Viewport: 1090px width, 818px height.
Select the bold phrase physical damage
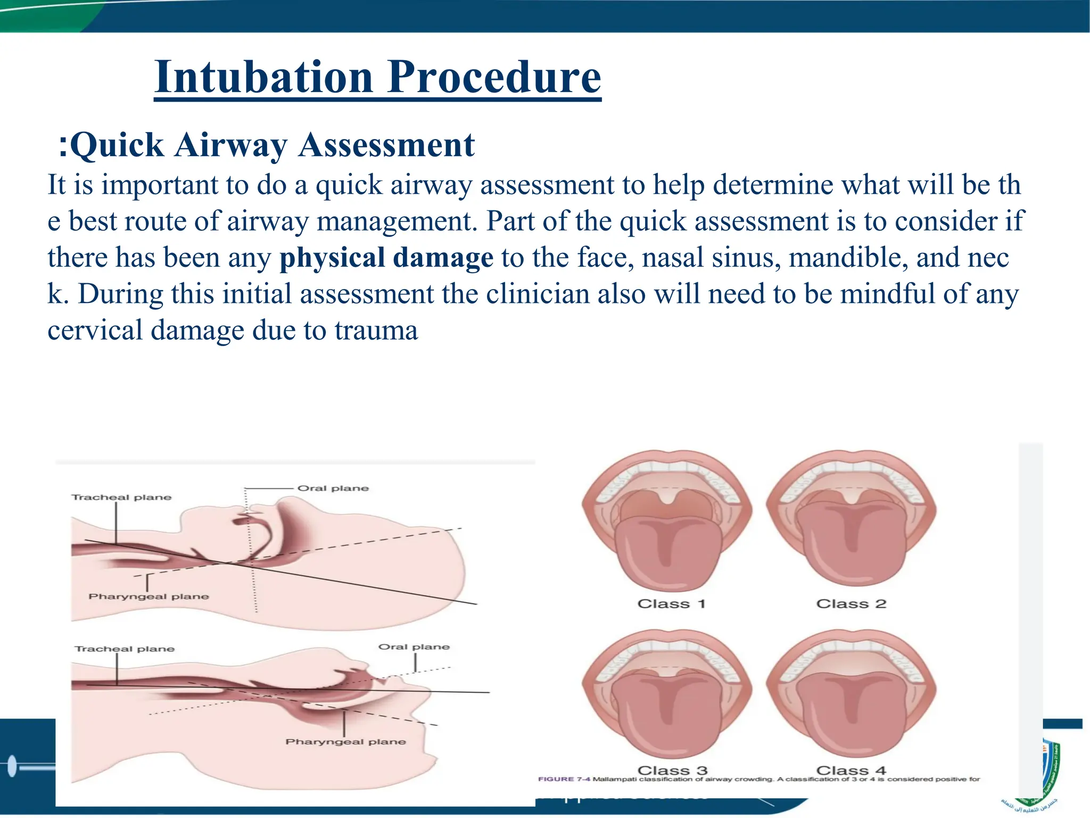coord(386,258)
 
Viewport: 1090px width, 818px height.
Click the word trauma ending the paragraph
coord(376,330)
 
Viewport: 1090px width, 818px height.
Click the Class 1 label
coord(671,604)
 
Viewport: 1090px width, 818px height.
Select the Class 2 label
coord(851,604)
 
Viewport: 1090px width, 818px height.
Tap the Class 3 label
coord(672,770)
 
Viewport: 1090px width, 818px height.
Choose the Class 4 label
coord(851,770)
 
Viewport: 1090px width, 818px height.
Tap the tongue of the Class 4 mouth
coord(851,714)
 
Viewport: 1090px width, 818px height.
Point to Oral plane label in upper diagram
coord(333,488)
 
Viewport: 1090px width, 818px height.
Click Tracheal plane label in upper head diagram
coord(121,497)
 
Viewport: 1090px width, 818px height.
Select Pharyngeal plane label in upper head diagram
coord(148,596)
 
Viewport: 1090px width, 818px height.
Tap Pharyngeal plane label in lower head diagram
coord(345,742)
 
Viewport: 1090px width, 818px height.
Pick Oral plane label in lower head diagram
coord(414,647)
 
